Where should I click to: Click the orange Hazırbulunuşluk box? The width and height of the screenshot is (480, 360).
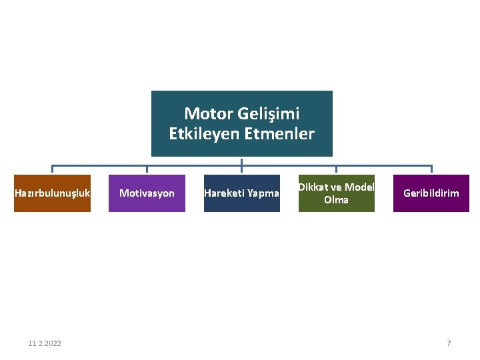52,193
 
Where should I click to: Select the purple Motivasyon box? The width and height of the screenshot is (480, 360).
147,193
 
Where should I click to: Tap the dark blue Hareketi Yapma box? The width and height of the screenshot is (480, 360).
241,193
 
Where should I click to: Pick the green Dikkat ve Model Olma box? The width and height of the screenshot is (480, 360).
336,193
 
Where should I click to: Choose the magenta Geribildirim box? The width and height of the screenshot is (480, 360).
431,193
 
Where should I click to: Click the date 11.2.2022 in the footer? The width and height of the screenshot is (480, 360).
45,343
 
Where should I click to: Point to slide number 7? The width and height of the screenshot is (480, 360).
449,343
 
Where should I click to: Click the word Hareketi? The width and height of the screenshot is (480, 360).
224,193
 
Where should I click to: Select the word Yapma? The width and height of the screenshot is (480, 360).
263,193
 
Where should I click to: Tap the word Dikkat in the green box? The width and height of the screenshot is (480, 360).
313,187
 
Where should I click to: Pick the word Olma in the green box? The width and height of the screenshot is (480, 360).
336,200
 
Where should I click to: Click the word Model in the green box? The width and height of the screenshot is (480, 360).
359,187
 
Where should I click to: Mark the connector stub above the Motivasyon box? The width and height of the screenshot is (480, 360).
147,169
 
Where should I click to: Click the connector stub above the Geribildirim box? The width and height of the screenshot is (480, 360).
431,169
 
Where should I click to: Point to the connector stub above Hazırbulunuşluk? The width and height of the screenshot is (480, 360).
53,169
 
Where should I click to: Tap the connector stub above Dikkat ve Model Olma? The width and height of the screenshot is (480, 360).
336,169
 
